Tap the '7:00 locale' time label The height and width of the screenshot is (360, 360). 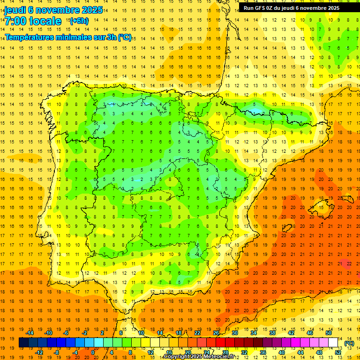click(x=33, y=21)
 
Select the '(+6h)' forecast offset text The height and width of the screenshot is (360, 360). click(x=78, y=21)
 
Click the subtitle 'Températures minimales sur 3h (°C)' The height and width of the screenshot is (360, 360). click(x=68, y=37)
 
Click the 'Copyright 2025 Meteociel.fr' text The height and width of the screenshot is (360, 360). click(x=199, y=357)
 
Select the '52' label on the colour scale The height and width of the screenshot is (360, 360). click(x=338, y=352)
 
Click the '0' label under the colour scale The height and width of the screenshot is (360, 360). click(x=93, y=352)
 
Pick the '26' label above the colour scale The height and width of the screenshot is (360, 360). click(x=216, y=333)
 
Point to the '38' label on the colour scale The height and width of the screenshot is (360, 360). click(x=272, y=333)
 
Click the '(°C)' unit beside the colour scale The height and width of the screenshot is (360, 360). click(x=349, y=343)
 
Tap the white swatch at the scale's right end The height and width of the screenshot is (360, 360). click(x=333, y=343)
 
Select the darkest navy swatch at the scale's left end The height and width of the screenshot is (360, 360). click(x=23, y=343)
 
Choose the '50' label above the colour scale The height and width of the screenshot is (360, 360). click(x=329, y=333)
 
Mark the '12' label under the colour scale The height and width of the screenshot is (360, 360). click(x=150, y=352)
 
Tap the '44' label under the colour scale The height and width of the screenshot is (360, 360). click(x=300, y=352)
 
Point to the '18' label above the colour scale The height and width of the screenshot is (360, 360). click(x=179, y=333)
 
